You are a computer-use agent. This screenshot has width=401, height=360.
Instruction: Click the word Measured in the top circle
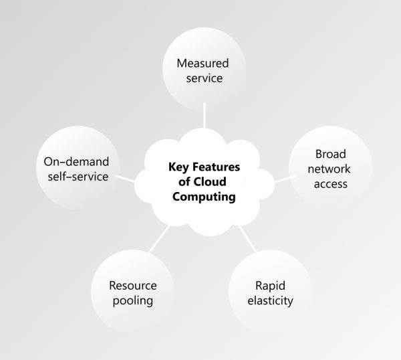203,64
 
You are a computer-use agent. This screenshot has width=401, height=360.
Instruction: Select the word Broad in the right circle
330,155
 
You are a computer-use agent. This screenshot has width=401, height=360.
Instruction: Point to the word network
330,169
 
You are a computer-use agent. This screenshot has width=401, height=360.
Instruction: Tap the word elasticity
270,300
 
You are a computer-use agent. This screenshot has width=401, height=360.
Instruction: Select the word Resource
132,286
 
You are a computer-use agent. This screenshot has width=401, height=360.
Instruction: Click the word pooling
132,300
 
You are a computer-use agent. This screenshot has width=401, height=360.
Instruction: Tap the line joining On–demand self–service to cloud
124,177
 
